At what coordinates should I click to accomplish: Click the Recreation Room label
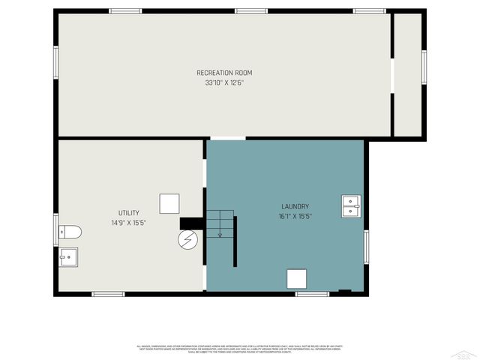[x=224, y=73]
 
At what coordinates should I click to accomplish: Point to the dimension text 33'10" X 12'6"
[x=224, y=82]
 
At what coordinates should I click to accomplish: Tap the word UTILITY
[x=128, y=213]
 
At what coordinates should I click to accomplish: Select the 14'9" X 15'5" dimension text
[x=128, y=223]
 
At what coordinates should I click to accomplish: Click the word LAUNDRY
[x=295, y=206]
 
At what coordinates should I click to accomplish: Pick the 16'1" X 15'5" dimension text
[x=295, y=216]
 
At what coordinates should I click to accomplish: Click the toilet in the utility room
[x=69, y=230]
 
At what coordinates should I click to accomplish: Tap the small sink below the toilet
[x=69, y=257]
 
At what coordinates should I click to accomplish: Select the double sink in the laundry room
[x=351, y=205]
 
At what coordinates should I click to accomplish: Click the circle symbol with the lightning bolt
[x=187, y=240]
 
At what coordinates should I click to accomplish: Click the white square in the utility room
[x=169, y=204]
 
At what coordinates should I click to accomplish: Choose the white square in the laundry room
[x=297, y=278]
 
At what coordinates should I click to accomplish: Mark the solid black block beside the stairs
[x=191, y=223]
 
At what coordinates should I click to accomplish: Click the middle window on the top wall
[x=251, y=11]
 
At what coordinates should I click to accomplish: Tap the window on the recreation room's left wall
[x=55, y=61]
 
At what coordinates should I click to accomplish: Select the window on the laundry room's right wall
[x=366, y=247]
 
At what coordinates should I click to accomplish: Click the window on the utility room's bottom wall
[x=108, y=294]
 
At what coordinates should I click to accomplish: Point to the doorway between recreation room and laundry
[x=227, y=138]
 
